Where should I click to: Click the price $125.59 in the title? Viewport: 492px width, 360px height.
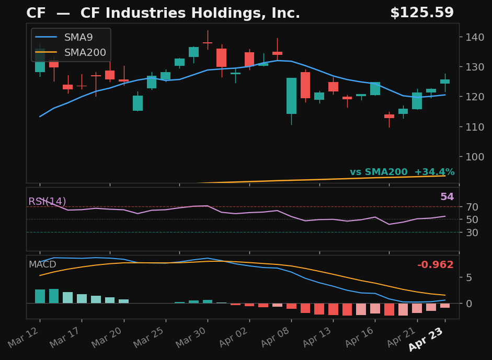pos(421,13)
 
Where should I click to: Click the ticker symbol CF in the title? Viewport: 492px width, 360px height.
pos(36,14)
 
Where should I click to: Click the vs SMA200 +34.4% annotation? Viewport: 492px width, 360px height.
pos(402,172)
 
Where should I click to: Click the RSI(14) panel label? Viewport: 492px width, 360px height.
pos(47,201)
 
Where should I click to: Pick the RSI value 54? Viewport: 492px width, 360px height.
pos(447,197)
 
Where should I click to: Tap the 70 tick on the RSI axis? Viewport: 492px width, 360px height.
pos(468,207)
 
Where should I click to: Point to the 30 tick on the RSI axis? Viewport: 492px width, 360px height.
pos(468,232)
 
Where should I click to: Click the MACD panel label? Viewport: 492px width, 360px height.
pos(42,264)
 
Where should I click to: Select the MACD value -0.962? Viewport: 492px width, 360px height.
pos(435,265)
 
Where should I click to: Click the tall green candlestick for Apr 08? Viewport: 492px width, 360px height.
pos(291,96)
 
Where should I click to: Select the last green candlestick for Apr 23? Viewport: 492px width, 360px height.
pos(445,82)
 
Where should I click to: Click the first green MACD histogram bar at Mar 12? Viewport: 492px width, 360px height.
pos(40,296)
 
